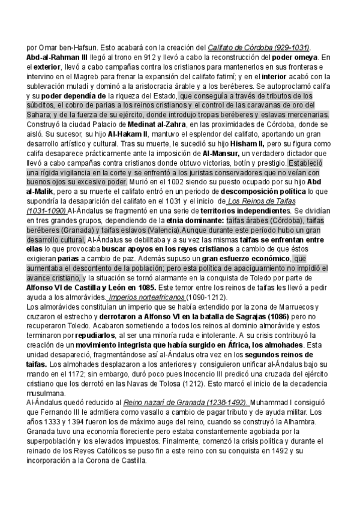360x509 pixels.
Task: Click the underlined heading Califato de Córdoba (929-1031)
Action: click(x=263, y=48)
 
